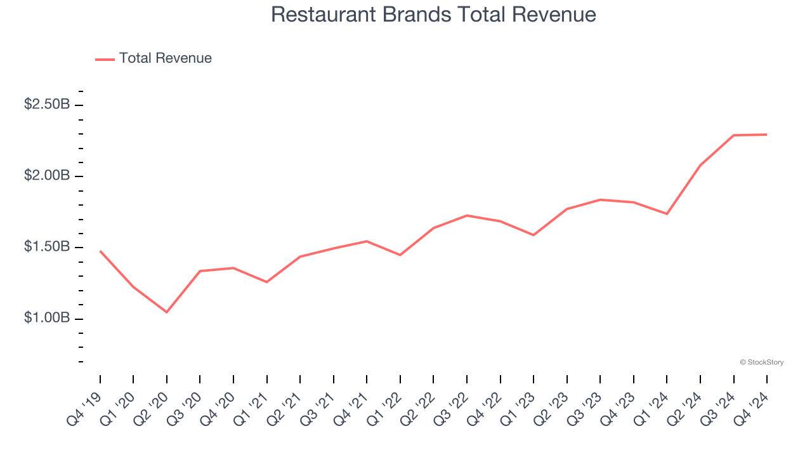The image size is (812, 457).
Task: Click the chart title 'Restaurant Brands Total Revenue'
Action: point(433,15)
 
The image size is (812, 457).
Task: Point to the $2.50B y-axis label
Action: point(47,104)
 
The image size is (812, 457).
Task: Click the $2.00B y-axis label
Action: point(47,175)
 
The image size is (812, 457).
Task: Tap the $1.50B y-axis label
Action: point(47,246)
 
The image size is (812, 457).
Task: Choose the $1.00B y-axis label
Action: point(47,317)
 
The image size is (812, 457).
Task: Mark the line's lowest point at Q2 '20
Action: point(167,312)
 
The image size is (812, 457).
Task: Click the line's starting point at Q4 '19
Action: point(100,251)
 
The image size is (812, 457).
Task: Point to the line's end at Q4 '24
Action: point(766,135)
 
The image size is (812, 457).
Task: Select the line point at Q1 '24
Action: point(667,214)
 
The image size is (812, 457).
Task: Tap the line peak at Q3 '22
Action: point(467,215)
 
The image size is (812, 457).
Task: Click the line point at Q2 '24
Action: point(700,166)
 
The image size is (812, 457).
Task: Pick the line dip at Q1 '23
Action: point(534,235)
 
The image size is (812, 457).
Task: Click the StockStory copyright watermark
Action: point(761,362)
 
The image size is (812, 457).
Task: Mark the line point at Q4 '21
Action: point(367,241)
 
